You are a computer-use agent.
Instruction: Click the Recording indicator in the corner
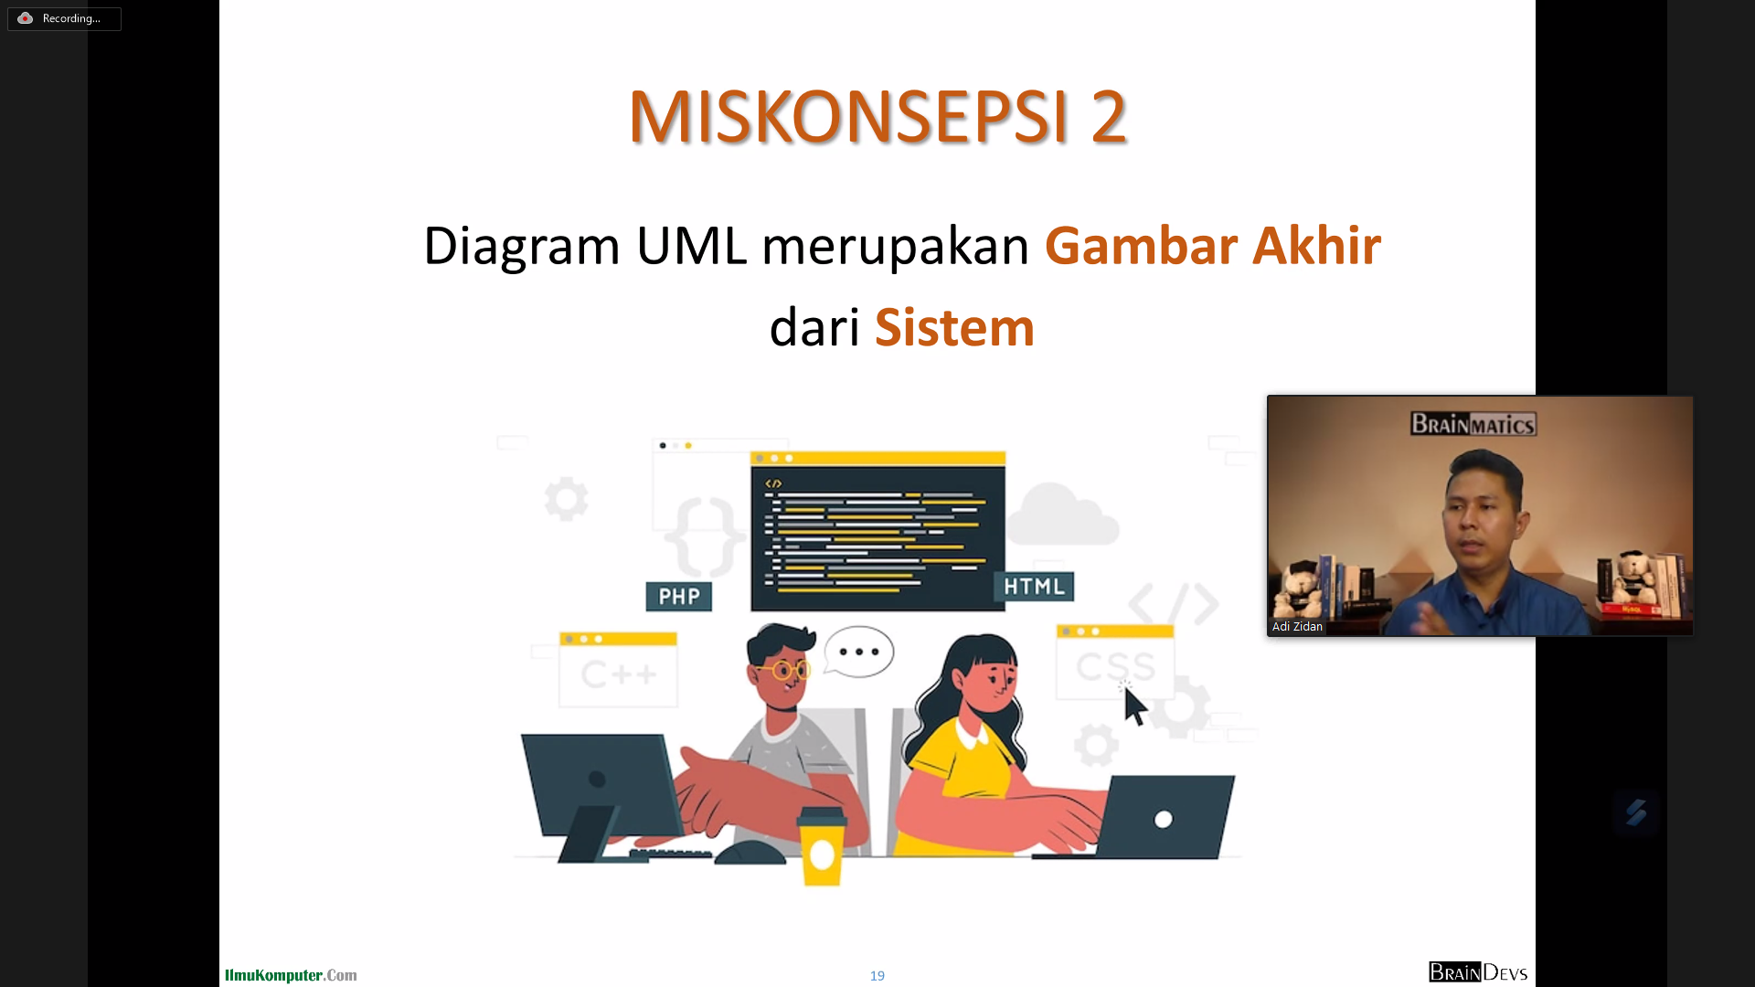(x=64, y=18)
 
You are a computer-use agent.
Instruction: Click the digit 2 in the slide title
(x=1109, y=117)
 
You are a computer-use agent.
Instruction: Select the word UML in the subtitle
(x=692, y=246)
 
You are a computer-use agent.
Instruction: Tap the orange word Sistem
(x=954, y=327)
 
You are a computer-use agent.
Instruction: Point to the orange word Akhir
(x=1316, y=246)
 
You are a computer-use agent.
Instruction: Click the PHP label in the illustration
(x=679, y=597)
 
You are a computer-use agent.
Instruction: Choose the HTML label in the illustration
(x=1034, y=587)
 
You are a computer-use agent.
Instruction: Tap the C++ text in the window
(x=619, y=675)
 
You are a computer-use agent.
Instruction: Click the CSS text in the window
(x=1115, y=666)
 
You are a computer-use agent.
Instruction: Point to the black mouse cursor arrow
(x=1134, y=706)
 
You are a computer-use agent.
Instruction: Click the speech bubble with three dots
(x=858, y=652)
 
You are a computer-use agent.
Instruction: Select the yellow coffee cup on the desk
(x=822, y=847)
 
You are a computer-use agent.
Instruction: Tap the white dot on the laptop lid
(x=1164, y=819)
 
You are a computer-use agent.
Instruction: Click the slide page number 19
(x=877, y=976)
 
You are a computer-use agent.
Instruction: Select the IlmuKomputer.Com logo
(x=291, y=975)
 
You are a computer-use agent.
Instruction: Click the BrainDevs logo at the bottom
(x=1478, y=972)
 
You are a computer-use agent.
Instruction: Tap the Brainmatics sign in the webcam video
(x=1473, y=424)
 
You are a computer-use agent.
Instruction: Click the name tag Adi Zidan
(x=1297, y=627)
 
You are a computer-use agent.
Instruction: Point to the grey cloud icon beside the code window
(x=1063, y=515)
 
